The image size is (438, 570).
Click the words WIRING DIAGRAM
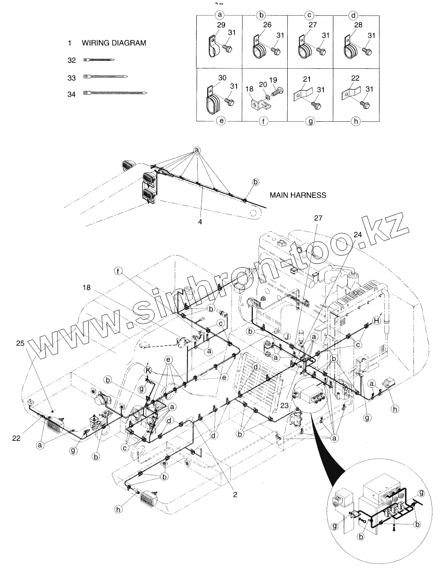[x=114, y=43]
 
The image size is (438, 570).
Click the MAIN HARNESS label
[x=299, y=195]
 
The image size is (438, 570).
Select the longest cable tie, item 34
[x=116, y=93]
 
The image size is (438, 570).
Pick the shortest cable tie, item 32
[x=99, y=60]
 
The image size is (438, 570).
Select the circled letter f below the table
[x=265, y=121]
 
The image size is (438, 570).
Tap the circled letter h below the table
[x=355, y=121]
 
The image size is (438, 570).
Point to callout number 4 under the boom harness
[x=200, y=222]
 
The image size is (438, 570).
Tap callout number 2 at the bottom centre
[x=235, y=494]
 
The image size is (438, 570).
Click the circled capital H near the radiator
[x=377, y=320]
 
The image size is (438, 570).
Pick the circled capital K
[x=148, y=370]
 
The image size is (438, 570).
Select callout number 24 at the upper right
[x=356, y=235]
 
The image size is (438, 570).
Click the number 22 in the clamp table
[x=355, y=79]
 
